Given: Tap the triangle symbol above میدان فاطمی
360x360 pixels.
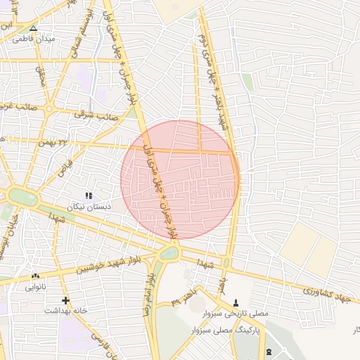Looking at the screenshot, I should coord(32,28).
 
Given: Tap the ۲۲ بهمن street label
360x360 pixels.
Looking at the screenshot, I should coord(71,143).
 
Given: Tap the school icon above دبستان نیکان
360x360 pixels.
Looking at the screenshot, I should coord(89,195).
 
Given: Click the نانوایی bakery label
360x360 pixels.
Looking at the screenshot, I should coord(36,287).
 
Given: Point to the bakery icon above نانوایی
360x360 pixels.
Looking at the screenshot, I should coord(35,276).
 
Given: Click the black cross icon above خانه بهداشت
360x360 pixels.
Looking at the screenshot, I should coord(65,300).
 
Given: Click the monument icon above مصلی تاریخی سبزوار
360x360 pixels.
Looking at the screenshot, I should coord(235,301).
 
